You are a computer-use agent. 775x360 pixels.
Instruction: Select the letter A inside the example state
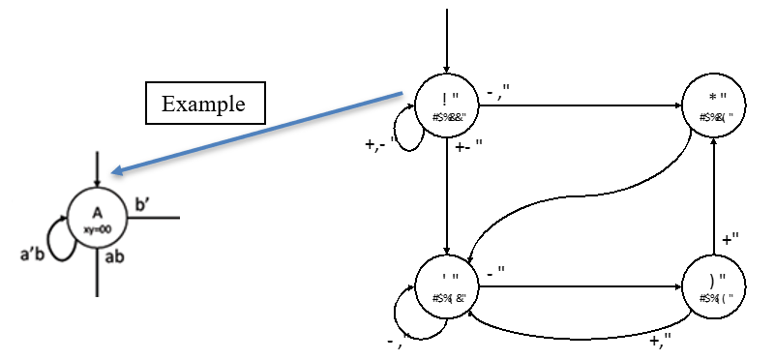(97, 212)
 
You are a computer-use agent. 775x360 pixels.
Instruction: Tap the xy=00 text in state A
(98, 225)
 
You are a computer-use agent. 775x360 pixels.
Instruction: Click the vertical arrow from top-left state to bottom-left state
(447, 194)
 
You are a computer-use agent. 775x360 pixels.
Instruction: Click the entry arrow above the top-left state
(447, 39)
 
